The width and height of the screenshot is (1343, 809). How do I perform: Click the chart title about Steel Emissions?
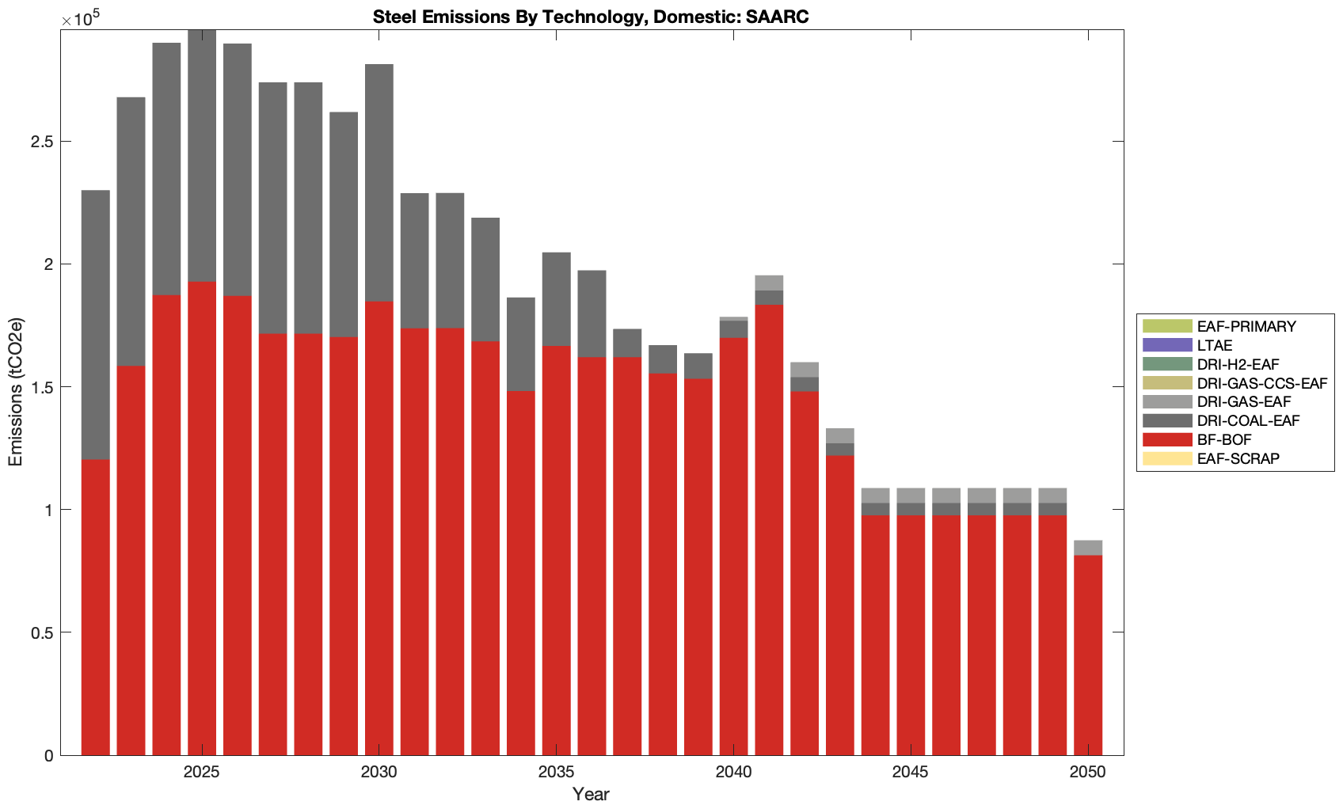pyautogui.click(x=591, y=17)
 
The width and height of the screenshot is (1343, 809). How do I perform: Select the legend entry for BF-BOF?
pyautogui.click(x=1224, y=439)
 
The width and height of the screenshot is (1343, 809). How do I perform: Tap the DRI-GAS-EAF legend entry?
pyautogui.click(x=1243, y=402)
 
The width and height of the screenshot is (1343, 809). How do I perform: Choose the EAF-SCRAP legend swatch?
pyautogui.click(x=1167, y=458)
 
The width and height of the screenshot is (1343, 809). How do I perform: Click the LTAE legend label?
pyautogui.click(x=1215, y=345)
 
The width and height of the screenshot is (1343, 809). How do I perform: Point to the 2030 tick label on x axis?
pyautogui.click(x=379, y=773)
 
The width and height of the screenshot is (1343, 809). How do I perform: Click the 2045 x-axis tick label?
pyautogui.click(x=911, y=773)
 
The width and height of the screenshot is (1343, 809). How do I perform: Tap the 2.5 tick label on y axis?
pyautogui.click(x=43, y=142)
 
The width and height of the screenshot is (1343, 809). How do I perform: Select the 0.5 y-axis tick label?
pyautogui.click(x=43, y=632)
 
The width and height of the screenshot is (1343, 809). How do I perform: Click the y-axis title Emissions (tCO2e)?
pyautogui.click(x=16, y=392)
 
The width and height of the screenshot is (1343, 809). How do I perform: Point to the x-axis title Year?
pyautogui.click(x=591, y=795)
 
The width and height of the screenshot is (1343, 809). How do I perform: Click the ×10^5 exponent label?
pyautogui.click(x=76, y=19)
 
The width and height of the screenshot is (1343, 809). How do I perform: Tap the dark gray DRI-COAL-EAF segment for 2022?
pyautogui.click(x=96, y=325)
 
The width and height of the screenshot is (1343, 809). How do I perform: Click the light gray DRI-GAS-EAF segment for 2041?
pyautogui.click(x=769, y=283)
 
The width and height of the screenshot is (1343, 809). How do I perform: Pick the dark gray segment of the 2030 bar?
pyautogui.click(x=379, y=183)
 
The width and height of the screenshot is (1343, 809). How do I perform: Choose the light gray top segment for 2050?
pyautogui.click(x=1088, y=548)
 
